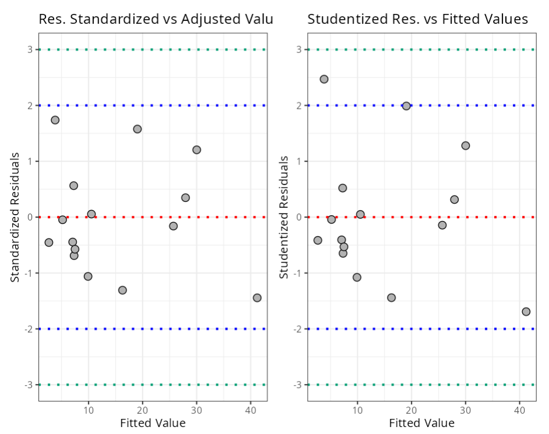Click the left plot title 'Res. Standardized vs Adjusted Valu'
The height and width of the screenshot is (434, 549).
point(155,19)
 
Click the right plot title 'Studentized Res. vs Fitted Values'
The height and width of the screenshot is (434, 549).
point(417,19)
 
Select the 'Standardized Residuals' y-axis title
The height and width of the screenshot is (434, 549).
point(15,217)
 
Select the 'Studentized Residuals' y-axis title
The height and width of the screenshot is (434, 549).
point(284,217)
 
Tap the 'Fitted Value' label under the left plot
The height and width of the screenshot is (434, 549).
point(153,423)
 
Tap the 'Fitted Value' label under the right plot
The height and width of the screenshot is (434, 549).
point(421,423)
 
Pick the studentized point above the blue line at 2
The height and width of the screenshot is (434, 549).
point(324,79)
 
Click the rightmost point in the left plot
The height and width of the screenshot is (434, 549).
point(257,298)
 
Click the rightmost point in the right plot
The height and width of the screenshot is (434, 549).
point(526,312)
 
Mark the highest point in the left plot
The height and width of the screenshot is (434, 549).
point(55,120)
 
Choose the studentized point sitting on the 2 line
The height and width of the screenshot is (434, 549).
point(406,106)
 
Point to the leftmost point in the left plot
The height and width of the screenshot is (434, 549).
point(49,243)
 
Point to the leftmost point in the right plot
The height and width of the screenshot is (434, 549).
point(318,240)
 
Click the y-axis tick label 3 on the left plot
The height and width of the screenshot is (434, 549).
point(30,49)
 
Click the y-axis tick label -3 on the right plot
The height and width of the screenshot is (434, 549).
point(297,385)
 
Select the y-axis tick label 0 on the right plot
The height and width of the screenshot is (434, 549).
point(299,217)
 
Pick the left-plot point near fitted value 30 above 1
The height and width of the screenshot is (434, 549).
point(196,150)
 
